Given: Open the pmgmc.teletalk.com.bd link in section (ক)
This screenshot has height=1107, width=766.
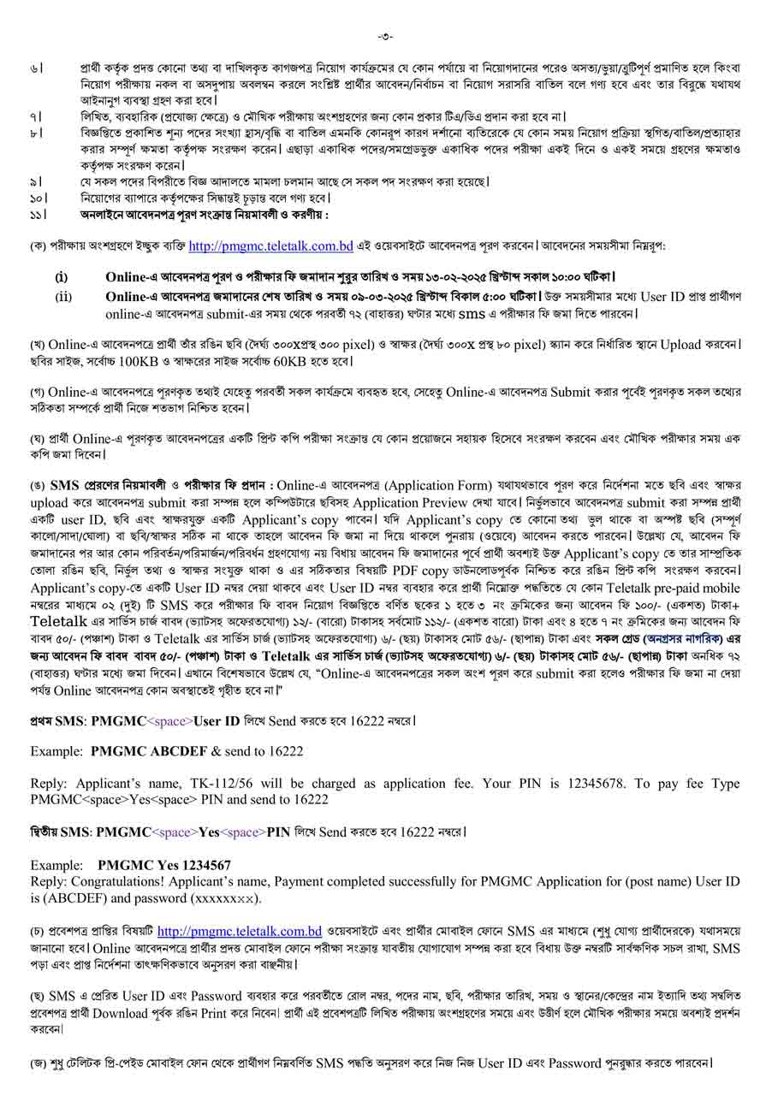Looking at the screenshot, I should click(270, 246).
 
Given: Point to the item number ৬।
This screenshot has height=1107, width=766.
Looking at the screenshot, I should click(37, 67).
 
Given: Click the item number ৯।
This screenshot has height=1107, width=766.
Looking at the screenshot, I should click(37, 181).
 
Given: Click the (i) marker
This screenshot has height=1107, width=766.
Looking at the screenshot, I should click(62, 277).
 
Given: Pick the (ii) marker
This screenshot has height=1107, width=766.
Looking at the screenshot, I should click(63, 296).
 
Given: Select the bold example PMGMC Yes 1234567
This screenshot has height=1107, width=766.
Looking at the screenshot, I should click(164, 866).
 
